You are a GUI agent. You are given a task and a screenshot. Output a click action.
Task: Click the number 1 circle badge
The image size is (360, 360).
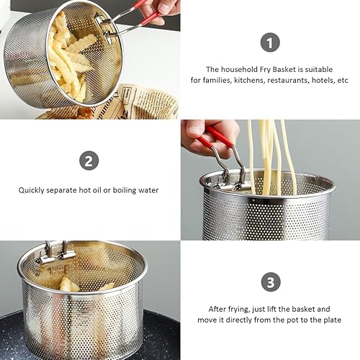click(x=270, y=42)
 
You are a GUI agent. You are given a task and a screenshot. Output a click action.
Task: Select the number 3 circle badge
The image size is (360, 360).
click(x=270, y=282)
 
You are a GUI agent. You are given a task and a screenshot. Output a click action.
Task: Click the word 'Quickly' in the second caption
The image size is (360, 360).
click(x=33, y=190)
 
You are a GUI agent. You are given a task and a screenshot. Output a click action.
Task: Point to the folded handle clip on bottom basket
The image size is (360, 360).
click(x=56, y=253)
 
